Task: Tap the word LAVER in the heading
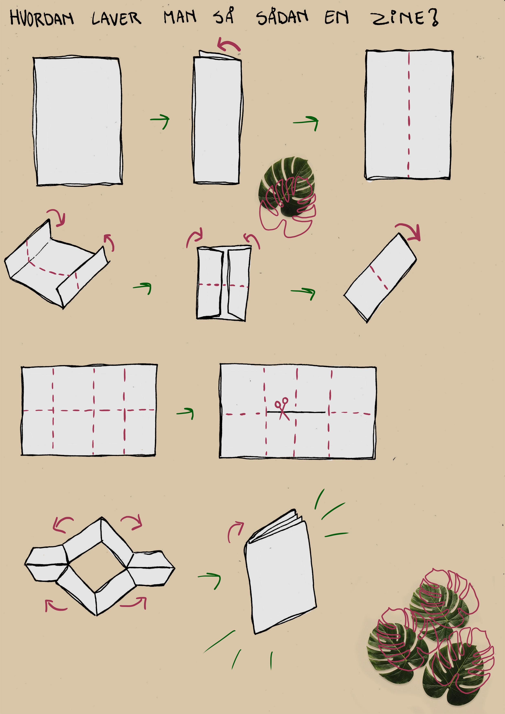click(116, 18)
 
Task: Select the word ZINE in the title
click(398, 18)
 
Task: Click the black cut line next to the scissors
click(296, 412)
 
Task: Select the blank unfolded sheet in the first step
click(77, 121)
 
